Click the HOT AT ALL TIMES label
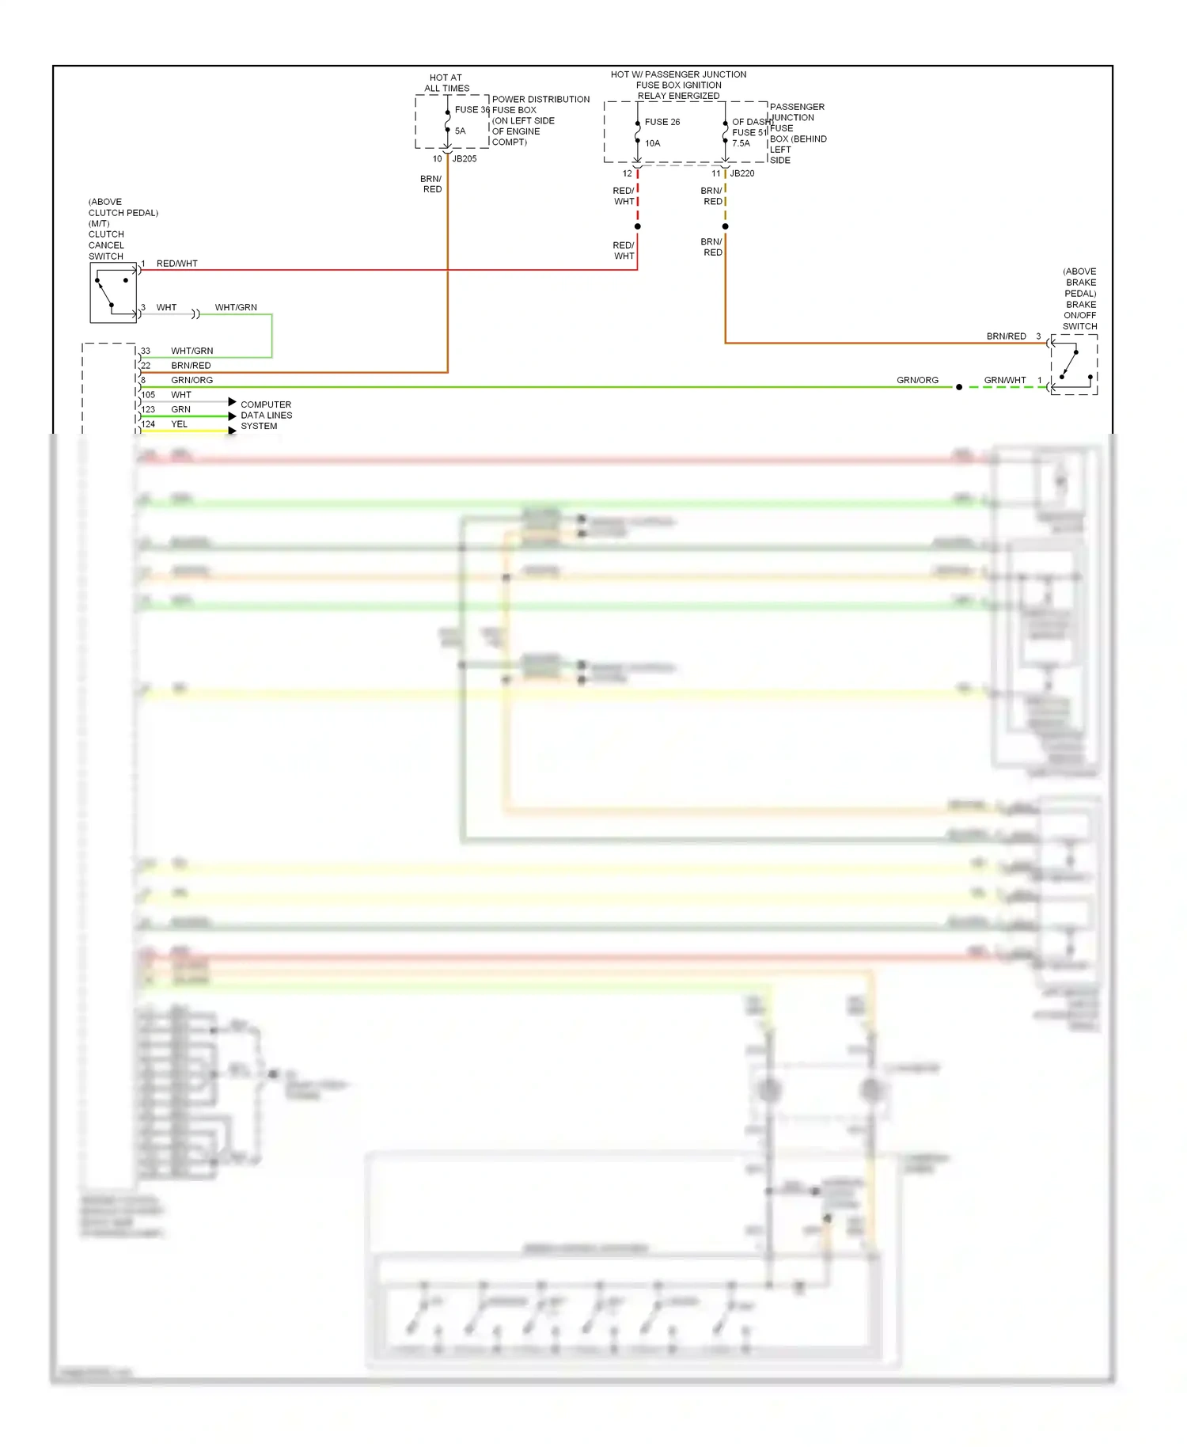[446, 83]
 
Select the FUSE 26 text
[662, 122]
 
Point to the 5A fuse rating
[461, 131]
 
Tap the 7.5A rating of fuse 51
[741, 143]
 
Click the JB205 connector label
[465, 159]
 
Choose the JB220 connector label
[742, 173]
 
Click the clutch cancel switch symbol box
[113, 293]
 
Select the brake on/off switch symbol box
[1074, 364]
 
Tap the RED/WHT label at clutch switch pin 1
[177, 264]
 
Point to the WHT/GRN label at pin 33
[192, 351]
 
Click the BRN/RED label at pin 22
[191, 366]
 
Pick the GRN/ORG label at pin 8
[192, 380]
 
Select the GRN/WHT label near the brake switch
[1005, 380]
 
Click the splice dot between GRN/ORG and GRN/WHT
[959, 387]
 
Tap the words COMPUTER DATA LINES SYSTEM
[266, 415]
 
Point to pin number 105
[148, 395]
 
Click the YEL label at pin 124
[180, 424]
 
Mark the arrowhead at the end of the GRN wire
[232, 416]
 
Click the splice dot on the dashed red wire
[638, 226]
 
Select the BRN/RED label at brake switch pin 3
[1006, 336]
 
